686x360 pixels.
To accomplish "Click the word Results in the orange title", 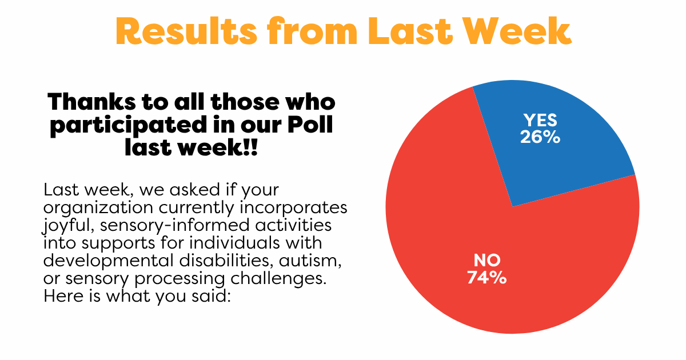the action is tap(186, 31).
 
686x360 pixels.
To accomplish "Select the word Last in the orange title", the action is tap(410, 31).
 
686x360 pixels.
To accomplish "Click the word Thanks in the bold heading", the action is tap(91, 102).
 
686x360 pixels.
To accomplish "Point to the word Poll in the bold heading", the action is tap(310, 125).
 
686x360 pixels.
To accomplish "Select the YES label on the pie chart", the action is tap(540, 121).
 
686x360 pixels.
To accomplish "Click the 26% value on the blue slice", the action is tap(540, 137).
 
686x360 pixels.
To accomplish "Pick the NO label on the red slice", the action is tap(487, 261).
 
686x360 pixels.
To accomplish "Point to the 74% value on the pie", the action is tap(487, 277).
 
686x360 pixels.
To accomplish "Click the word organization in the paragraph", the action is tap(98, 208).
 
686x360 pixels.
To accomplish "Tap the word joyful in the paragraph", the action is tap(68, 226).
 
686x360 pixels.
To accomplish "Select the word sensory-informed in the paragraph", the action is tap(174, 226).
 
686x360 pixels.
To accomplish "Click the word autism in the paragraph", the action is tap(310, 261).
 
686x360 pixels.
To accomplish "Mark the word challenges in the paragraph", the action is tap(278, 279).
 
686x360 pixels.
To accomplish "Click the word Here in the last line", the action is tap(63, 296).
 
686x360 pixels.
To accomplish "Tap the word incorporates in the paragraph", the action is tap(293, 208).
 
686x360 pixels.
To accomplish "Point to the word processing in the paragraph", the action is tap(180, 279).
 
